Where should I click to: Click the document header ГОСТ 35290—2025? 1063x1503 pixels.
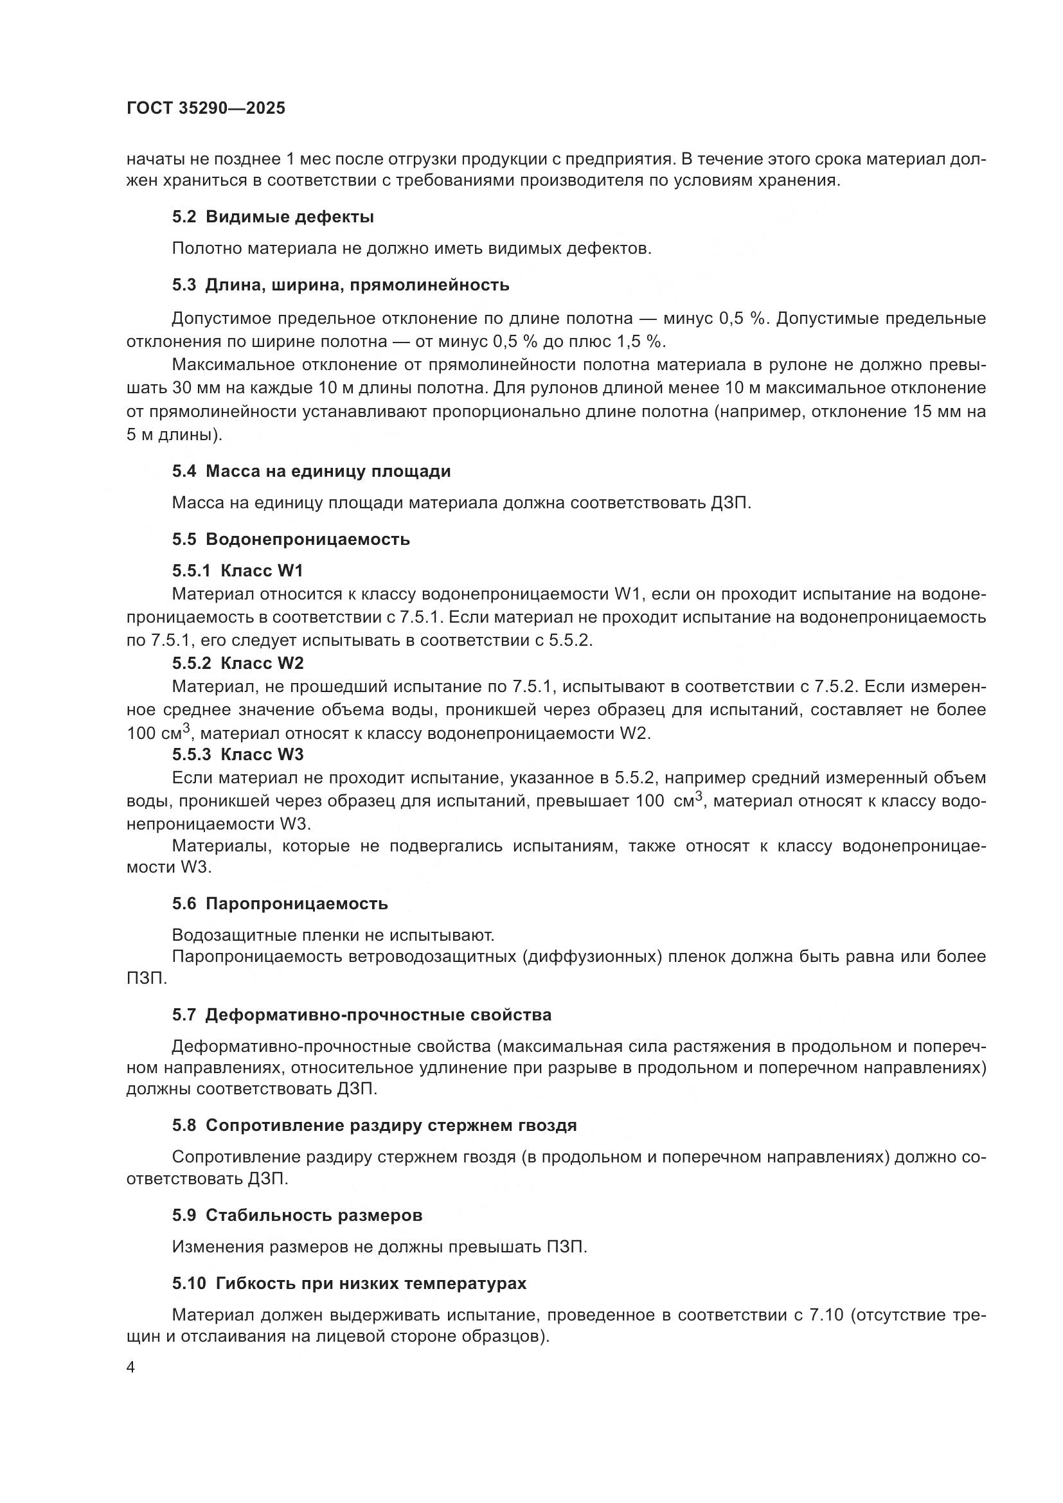coord(206,109)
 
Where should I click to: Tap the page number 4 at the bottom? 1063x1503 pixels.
coord(131,1367)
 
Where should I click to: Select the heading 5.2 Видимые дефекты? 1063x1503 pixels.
coord(273,217)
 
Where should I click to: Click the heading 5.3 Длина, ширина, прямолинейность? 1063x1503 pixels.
coord(341,285)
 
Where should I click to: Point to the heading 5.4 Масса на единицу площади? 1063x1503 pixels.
coord(312,471)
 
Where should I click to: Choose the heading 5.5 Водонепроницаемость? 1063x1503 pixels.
coord(291,539)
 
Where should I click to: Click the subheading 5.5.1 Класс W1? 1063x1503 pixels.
coord(238,571)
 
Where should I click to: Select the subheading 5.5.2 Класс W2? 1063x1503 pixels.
coord(238,663)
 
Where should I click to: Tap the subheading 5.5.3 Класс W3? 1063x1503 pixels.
coord(238,755)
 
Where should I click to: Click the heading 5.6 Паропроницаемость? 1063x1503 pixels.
coord(280,904)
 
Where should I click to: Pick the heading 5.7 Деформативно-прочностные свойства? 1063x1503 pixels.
coord(362,1015)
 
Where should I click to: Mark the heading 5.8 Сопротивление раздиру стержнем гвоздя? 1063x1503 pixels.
coord(375,1126)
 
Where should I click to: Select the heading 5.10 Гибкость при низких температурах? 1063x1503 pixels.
coord(350,1284)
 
